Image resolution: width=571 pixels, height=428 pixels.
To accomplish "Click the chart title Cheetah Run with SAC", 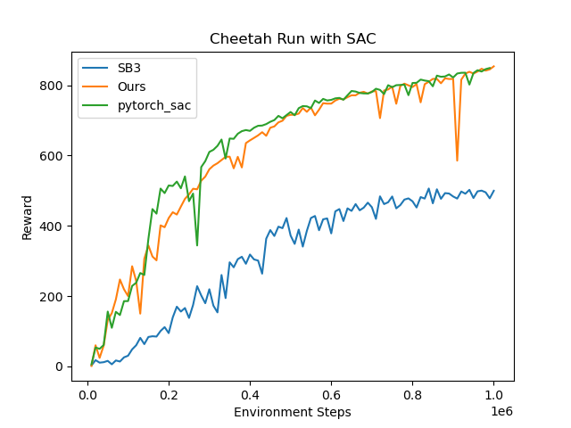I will point(293,39).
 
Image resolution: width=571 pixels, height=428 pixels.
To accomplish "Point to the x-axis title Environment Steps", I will point(293,412).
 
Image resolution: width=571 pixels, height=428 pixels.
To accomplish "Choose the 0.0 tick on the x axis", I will point(87,392).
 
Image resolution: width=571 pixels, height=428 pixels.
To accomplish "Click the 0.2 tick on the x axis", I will point(169,392).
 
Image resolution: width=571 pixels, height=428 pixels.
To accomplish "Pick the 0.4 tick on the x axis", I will point(250,392).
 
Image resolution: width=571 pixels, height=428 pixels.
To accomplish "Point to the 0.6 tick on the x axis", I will point(331,392).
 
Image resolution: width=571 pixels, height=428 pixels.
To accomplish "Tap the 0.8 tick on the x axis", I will point(412,392).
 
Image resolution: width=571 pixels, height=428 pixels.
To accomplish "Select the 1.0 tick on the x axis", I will point(493,392).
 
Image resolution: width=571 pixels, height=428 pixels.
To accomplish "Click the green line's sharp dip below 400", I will point(197,244).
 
